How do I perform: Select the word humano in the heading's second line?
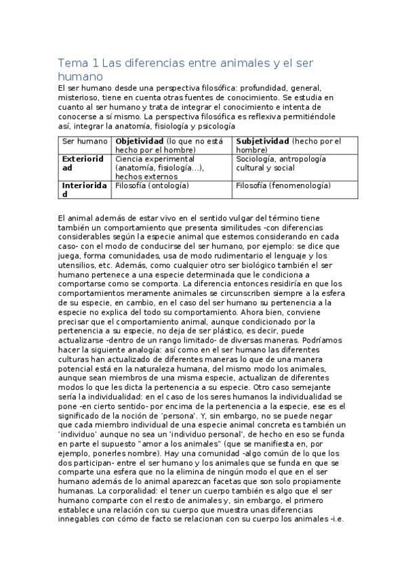(x=83, y=77)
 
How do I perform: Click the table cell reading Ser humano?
(x=85, y=141)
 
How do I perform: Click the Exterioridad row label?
(x=84, y=163)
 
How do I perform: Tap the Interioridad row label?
(x=84, y=189)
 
